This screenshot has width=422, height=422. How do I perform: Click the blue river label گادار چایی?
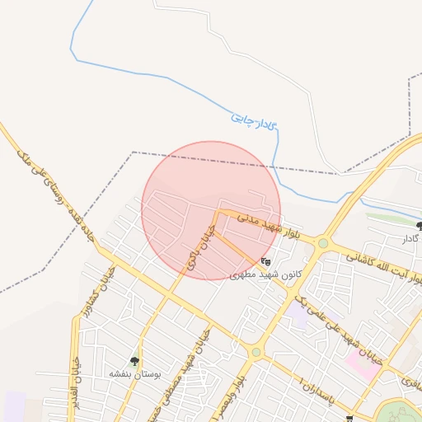254,121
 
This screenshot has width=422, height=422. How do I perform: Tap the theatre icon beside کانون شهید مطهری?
265,262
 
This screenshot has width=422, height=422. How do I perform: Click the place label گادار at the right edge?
411,238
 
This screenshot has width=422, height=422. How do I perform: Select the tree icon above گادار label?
419,226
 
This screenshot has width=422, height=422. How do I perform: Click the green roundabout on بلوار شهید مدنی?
323,243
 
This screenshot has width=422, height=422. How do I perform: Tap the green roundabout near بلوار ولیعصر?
256,352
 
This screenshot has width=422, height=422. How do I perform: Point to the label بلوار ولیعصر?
246,392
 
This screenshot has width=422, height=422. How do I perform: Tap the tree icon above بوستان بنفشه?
134,361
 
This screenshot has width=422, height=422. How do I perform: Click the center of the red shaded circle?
211,210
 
